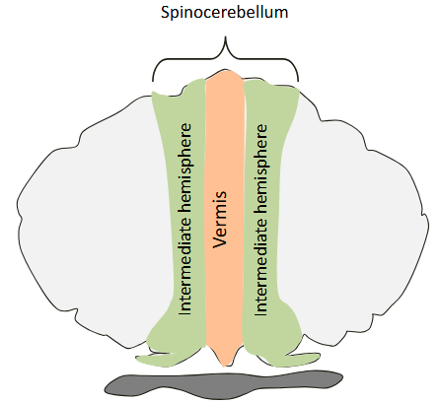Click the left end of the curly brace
pyautogui.click(x=153, y=80)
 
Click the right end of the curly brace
pyautogui.click(x=299, y=80)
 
